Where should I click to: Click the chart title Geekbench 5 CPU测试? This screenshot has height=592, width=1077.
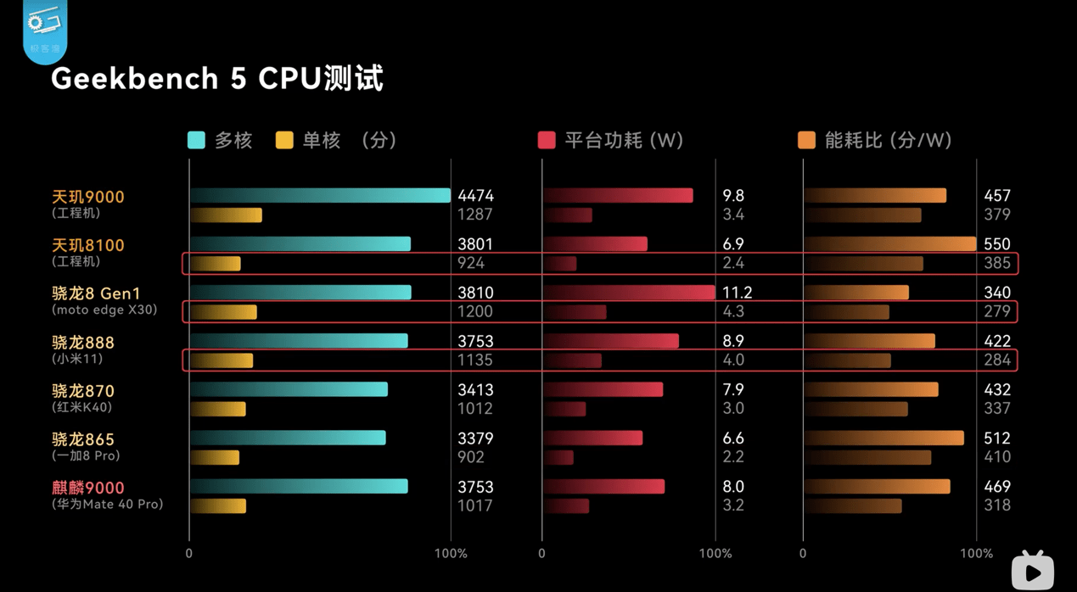point(217,79)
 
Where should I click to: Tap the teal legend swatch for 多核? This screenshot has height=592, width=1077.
point(196,140)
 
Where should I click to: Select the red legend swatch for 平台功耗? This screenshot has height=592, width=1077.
point(547,140)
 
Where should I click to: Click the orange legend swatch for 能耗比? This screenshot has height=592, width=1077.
point(806,140)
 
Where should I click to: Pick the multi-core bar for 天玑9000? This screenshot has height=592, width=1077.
point(320,196)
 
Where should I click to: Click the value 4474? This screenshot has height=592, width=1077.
point(475,196)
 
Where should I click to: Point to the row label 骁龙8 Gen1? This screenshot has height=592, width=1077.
point(96,293)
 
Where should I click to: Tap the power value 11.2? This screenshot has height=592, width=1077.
point(737,293)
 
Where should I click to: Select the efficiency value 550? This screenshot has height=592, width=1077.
point(997,244)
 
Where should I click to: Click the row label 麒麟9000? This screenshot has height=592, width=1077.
point(88,488)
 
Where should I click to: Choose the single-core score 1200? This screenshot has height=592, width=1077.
point(474,311)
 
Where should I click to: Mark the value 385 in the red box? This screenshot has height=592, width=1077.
point(997,263)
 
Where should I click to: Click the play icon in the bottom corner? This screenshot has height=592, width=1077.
point(1033,572)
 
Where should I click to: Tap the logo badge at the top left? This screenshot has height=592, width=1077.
point(45,31)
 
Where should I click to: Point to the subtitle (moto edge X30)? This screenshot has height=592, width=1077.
point(104,310)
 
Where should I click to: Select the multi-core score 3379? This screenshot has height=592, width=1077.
point(475,438)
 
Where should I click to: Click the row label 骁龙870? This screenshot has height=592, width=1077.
point(83,391)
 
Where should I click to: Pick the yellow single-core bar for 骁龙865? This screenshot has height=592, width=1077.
point(215,458)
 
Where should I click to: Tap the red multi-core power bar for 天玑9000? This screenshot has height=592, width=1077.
point(618,196)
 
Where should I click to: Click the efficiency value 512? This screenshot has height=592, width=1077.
point(997,438)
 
